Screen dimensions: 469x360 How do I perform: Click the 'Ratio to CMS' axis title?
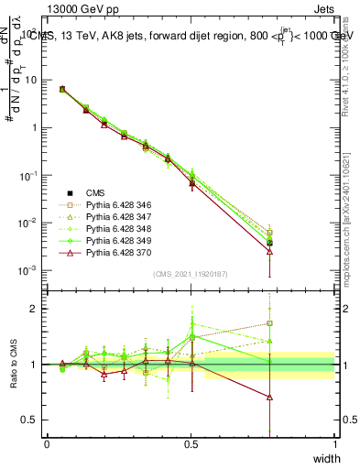[13, 365]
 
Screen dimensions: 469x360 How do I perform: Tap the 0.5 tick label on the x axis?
[191, 444]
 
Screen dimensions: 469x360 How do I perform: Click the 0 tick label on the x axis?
[47, 444]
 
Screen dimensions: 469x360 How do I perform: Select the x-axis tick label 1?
[334, 444]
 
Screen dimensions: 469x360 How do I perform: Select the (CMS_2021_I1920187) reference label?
[191, 273]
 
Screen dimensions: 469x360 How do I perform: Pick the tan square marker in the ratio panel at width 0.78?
[269, 322]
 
